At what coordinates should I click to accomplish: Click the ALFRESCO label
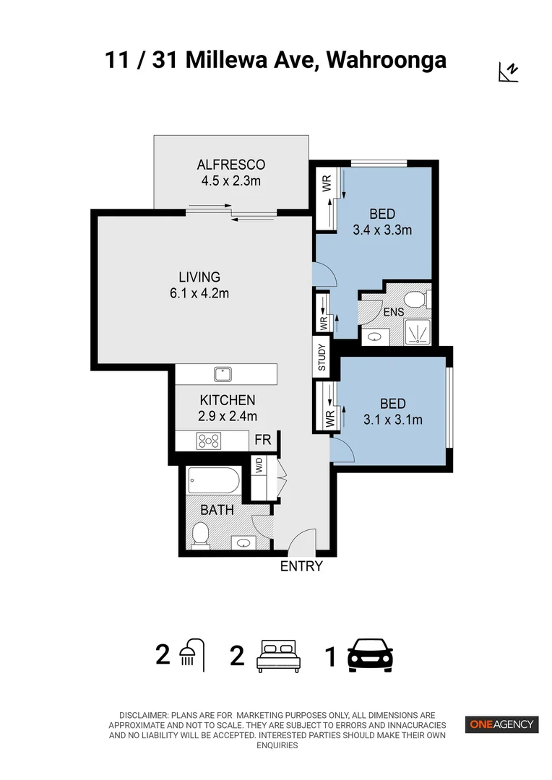230,165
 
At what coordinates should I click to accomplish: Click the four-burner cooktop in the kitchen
210,440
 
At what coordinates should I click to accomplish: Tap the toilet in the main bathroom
200,534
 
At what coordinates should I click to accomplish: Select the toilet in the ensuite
415,299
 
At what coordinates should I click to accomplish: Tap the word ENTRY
301,567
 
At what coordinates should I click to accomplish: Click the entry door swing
303,540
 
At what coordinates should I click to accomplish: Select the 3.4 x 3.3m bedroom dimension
382,230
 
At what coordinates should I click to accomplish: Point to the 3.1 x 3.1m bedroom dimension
393,420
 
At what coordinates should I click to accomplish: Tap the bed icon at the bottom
278,656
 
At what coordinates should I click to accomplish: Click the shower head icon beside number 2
191,654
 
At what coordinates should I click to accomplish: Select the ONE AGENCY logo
501,724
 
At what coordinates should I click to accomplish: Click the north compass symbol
509,71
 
